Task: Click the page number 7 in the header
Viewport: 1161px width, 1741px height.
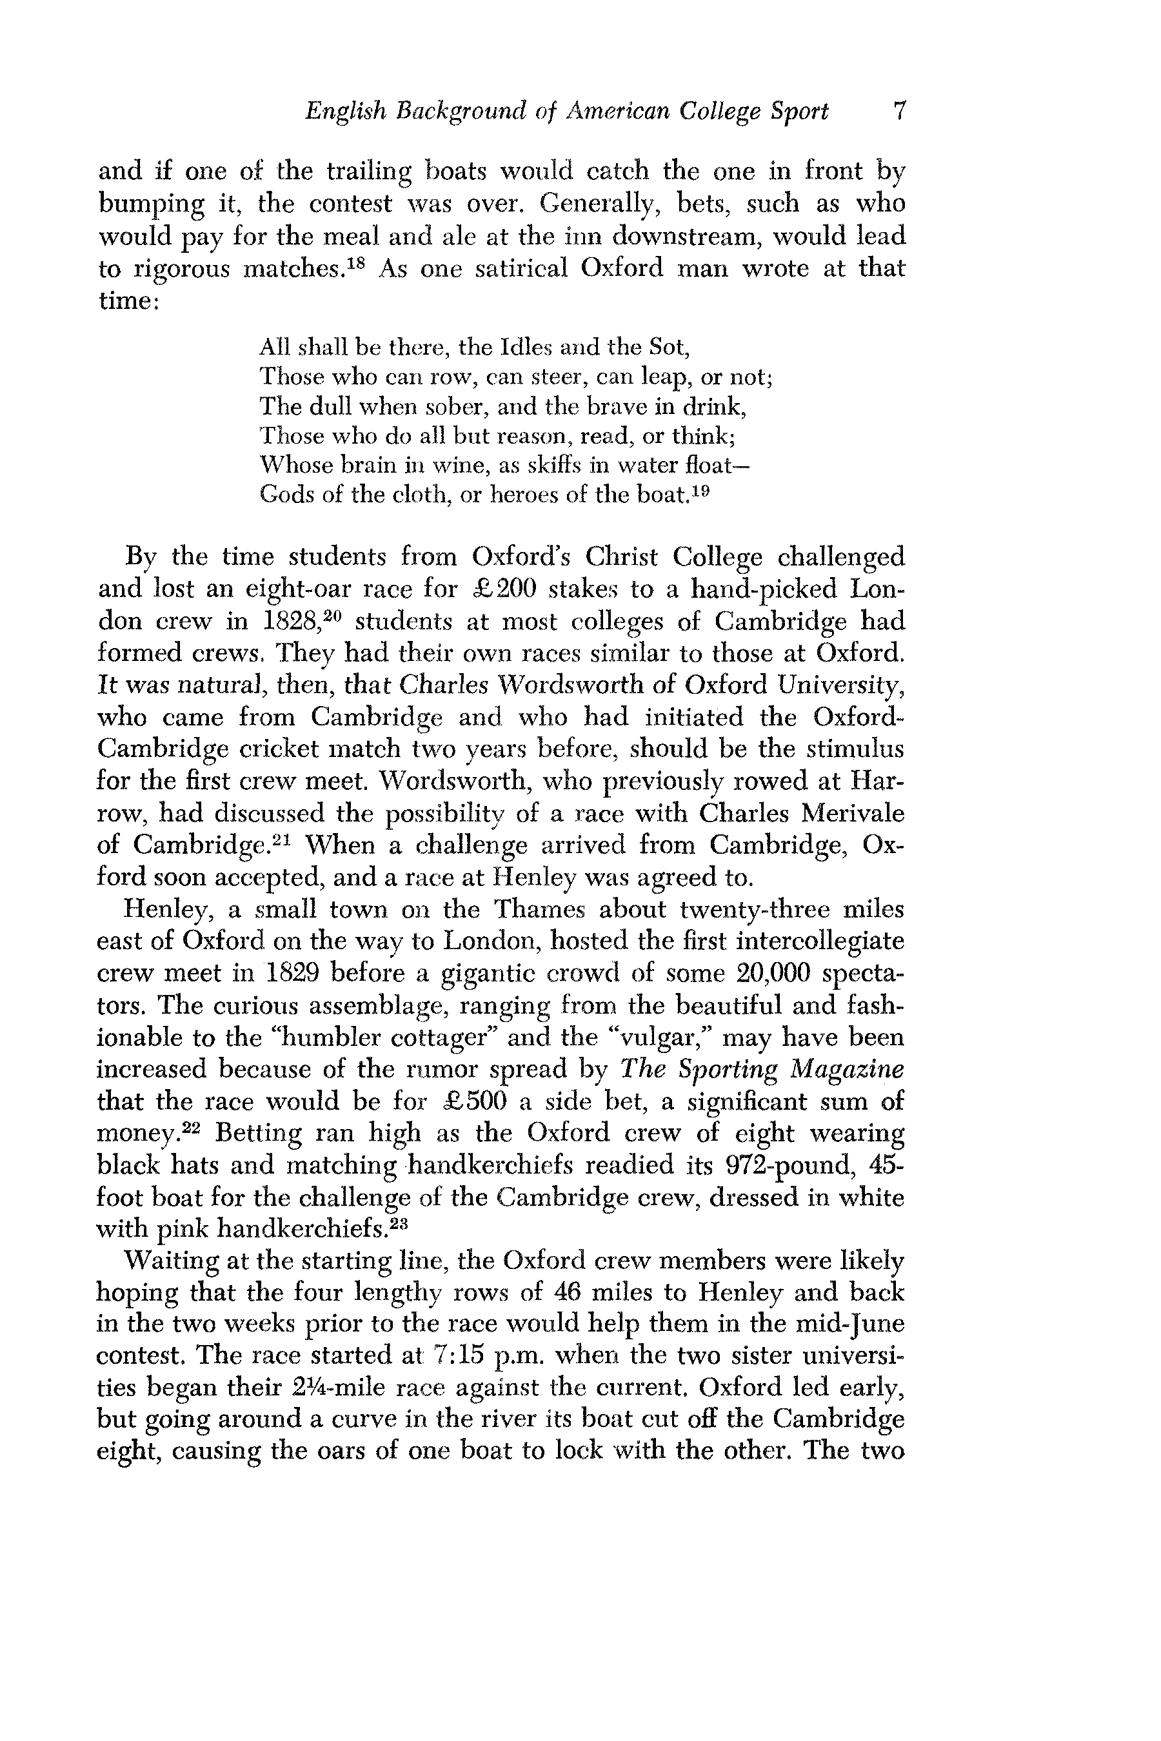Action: point(898,112)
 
